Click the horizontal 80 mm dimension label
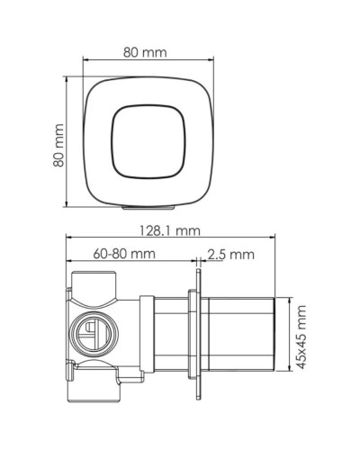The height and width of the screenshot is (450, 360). pyautogui.click(x=145, y=52)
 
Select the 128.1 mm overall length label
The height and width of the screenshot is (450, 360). pyautogui.click(x=170, y=230)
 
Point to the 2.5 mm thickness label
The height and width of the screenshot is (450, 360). pyautogui.click(x=231, y=255)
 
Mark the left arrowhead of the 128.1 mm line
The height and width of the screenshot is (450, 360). pyautogui.click(x=69, y=239)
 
